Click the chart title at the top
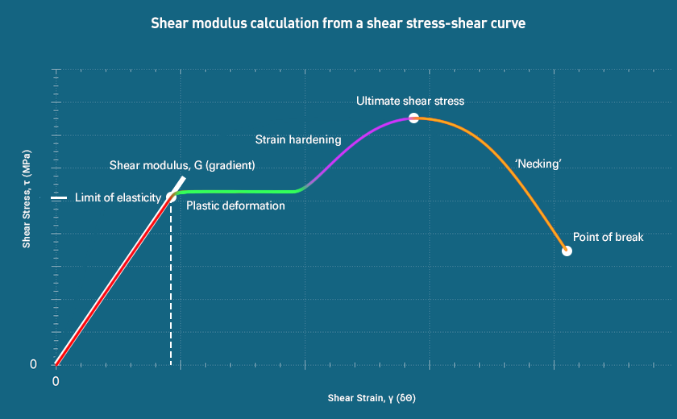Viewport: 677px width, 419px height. (338, 23)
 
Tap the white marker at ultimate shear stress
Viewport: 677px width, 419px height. (413, 118)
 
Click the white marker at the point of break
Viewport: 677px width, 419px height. (567, 251)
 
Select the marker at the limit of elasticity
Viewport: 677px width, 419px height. (171, 196)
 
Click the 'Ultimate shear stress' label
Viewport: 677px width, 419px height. (410, 101)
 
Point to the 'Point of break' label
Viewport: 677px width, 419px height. (608, 237)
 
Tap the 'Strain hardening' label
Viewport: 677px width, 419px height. (298, 139)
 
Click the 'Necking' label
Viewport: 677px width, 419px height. (538, 164)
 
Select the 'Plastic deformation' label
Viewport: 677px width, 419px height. (235, 205)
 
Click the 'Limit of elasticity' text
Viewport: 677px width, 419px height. (118, 197)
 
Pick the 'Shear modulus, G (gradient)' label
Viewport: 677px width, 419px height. (182, 165)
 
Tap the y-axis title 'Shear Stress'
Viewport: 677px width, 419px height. (27, 198)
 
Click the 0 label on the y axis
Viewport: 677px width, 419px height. (33, 364)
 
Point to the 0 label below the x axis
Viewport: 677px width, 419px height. (56, 380)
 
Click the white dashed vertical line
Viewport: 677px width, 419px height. (171, 282)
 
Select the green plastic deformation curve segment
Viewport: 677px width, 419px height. (242, 191)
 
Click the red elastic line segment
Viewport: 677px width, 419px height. (113, 281)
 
